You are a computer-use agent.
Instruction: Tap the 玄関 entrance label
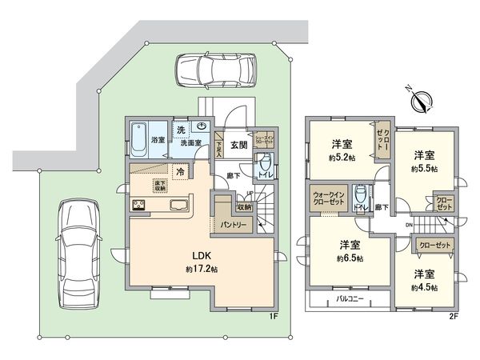coord(238,145)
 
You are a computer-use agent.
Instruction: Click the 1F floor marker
coord(273,315)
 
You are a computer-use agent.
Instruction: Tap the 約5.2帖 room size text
coord(342,158)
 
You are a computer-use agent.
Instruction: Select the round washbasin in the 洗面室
coord(202,126)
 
